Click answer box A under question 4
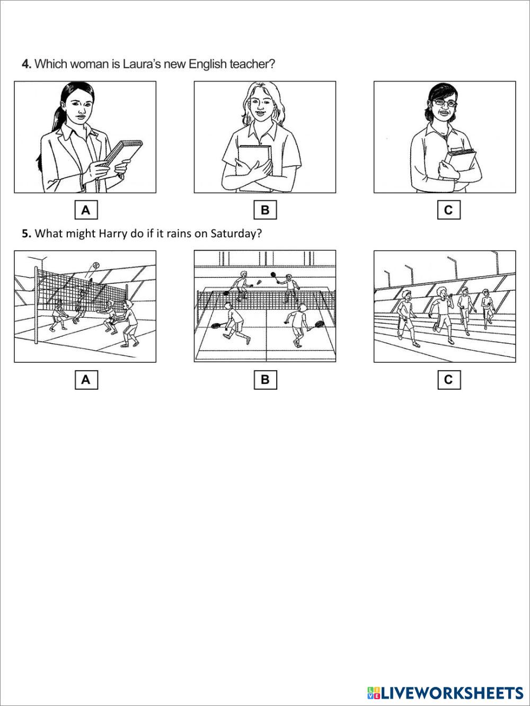pos(86,210)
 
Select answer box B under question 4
pos(265,210)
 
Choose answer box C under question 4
pos(449,210)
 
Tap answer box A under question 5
pos(86,380)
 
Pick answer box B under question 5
pos(265,380)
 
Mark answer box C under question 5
pos(449,380)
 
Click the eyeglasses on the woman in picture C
pos(444,103)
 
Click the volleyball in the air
pos(95,265)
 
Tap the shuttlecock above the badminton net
pos(259,282)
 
